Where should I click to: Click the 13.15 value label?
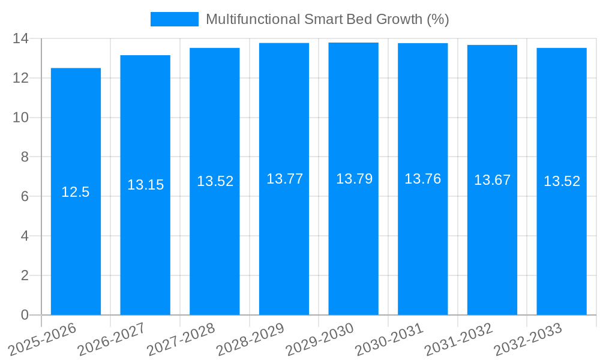[145, 185]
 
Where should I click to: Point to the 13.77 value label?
[284, 179]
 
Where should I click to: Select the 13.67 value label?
[492, 180]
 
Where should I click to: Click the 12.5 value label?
[76, 192]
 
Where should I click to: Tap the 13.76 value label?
[422, 179]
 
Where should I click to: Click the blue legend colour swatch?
[174, 19]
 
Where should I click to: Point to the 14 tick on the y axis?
[20, 38]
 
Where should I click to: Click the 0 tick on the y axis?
[25, 315]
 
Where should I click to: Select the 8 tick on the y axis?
[25, 157]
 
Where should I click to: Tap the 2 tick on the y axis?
[25, 275]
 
